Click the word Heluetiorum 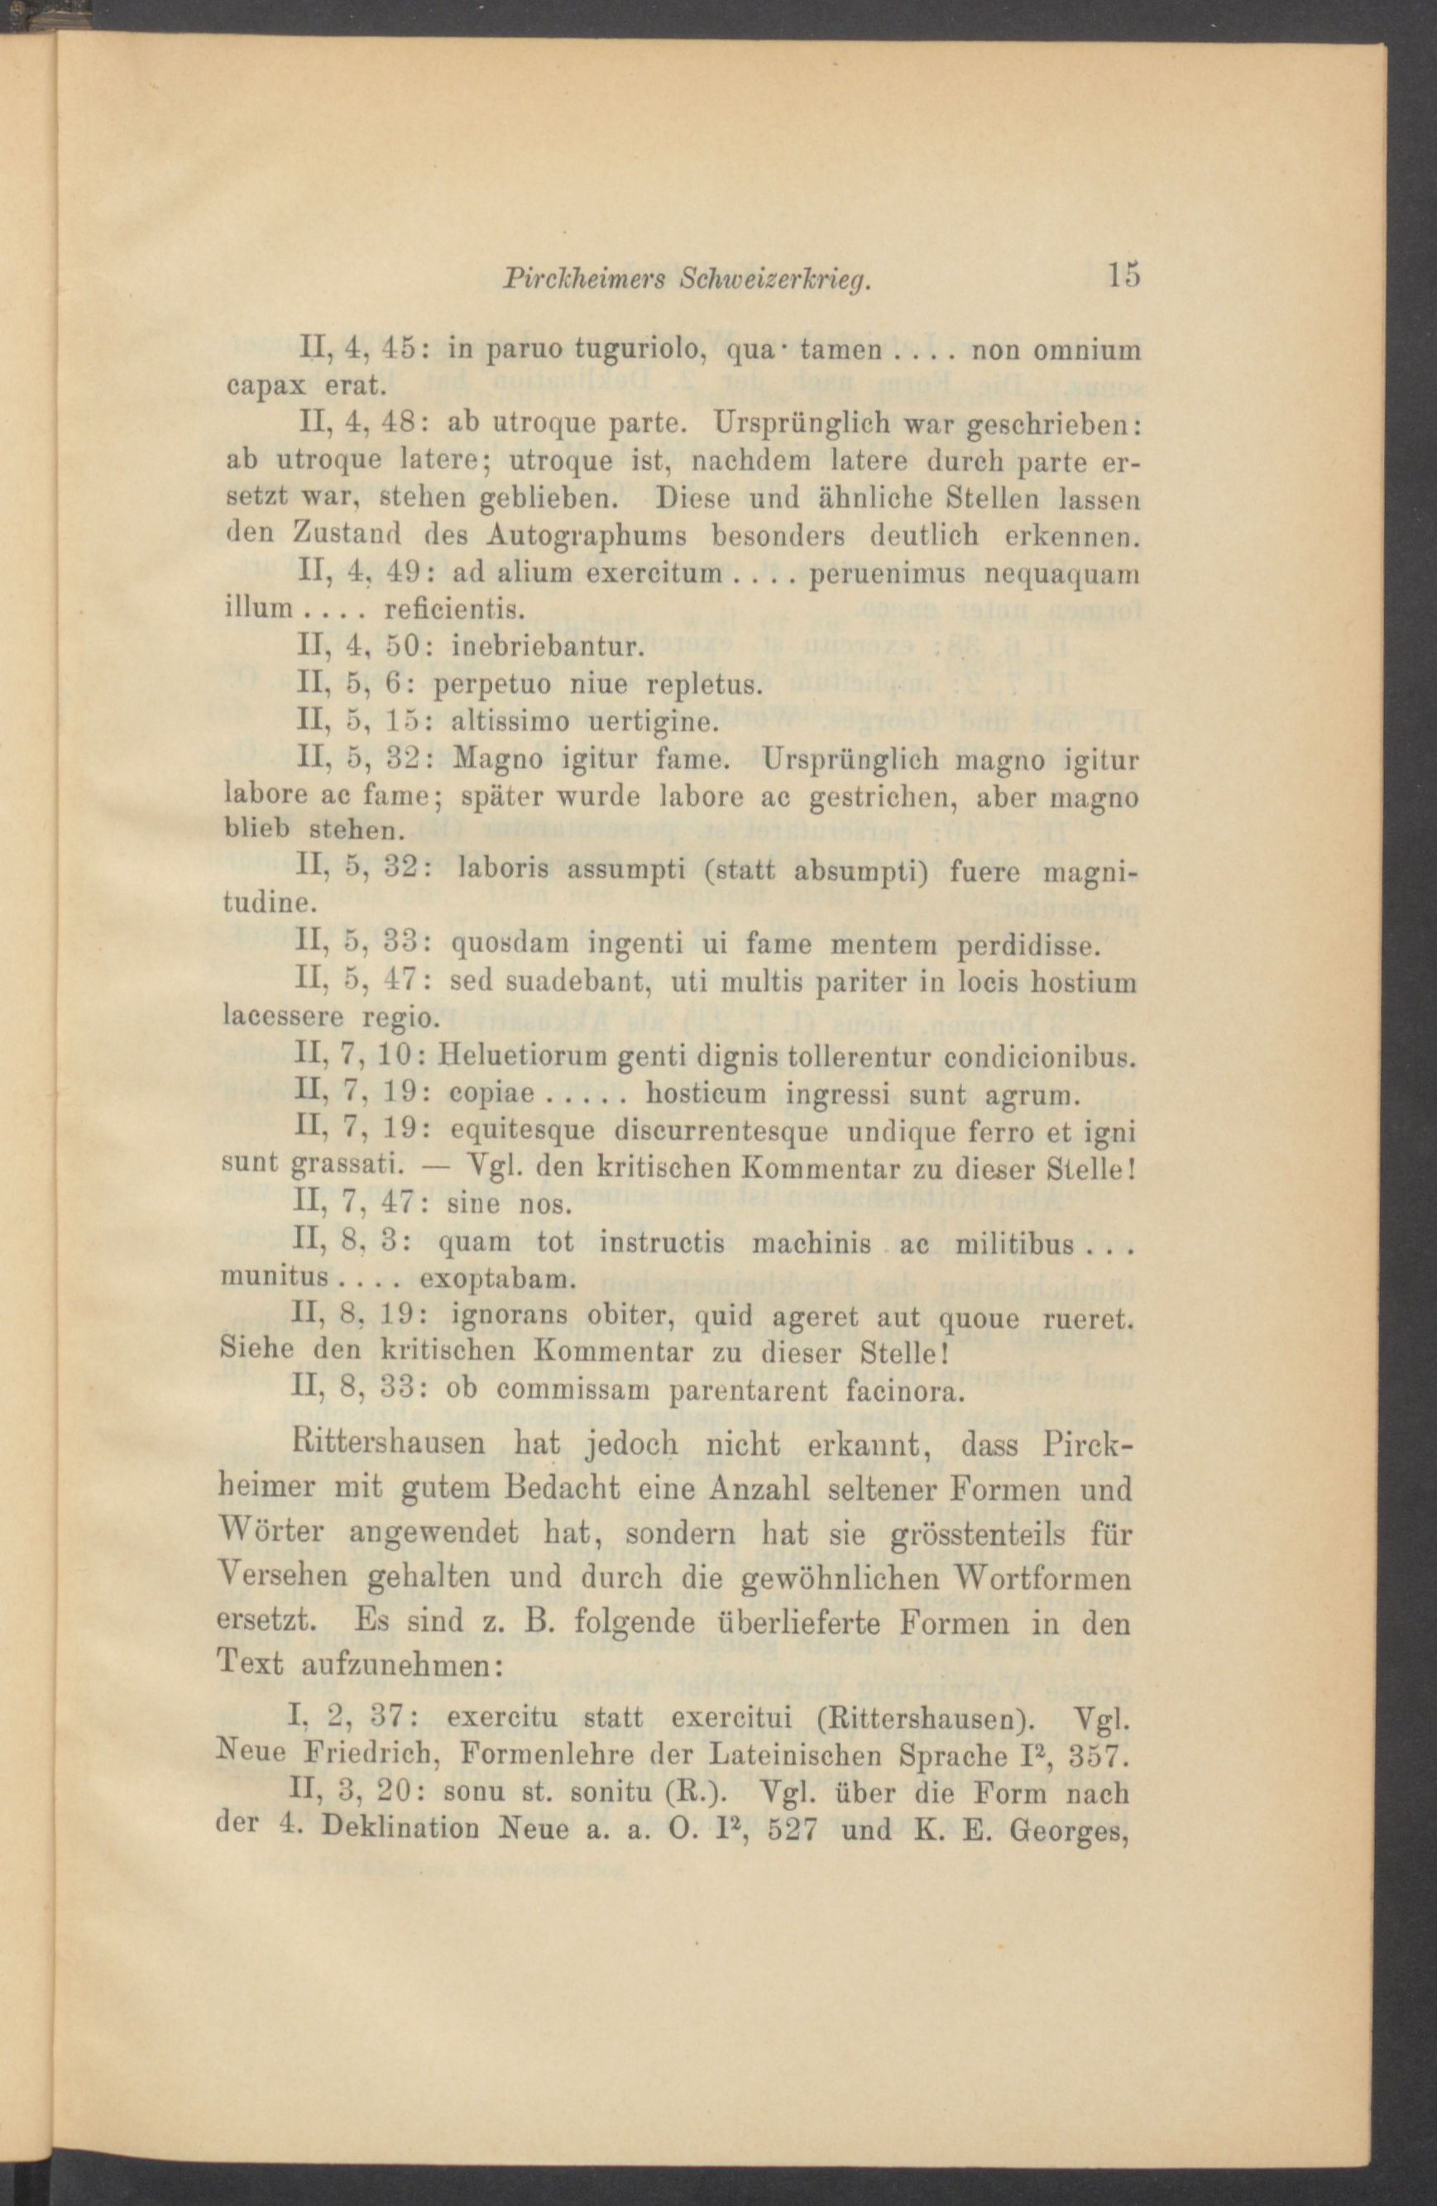(525, 1056)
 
